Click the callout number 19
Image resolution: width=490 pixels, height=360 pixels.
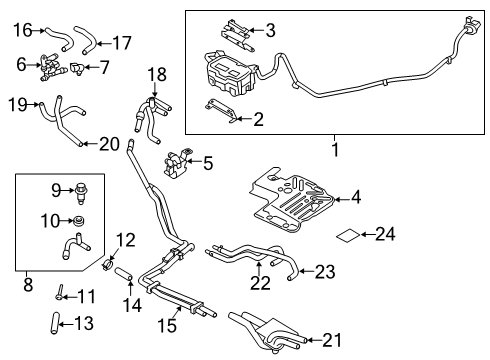(15, 102)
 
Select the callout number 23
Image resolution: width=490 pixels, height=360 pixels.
(327, 270)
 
